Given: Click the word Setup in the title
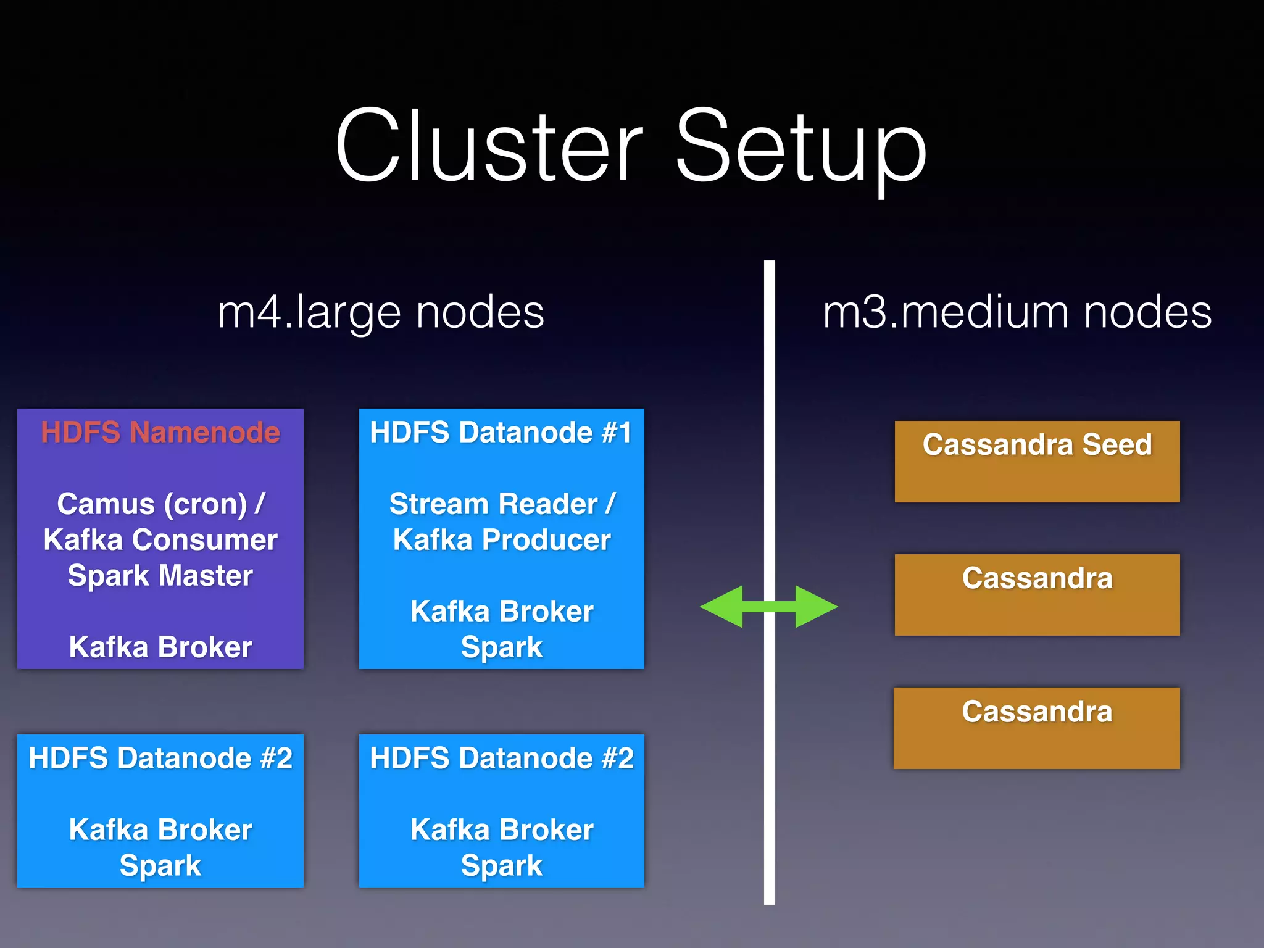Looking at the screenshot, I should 800,148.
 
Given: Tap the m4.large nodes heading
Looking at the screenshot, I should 381,312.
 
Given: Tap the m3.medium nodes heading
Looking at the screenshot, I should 1017,312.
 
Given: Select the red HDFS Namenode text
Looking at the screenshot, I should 160,432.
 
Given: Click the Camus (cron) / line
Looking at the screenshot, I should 160,504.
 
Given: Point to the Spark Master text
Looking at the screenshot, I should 160,575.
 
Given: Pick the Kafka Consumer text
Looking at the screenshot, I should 160,540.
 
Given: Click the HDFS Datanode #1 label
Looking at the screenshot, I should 501,432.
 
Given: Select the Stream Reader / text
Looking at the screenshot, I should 501,504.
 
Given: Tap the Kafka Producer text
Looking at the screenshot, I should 501,540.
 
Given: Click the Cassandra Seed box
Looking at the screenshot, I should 1037,462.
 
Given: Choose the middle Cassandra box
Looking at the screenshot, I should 1037,595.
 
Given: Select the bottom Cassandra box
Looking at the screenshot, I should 1037,728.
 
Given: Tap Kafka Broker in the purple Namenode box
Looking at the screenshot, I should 160,647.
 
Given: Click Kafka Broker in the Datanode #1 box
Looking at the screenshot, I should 501,612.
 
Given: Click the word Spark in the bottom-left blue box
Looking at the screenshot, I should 160,865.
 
